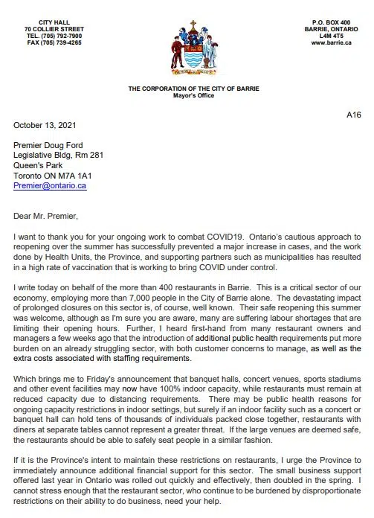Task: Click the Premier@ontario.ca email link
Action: pyautogui.click(x=50, y=185)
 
